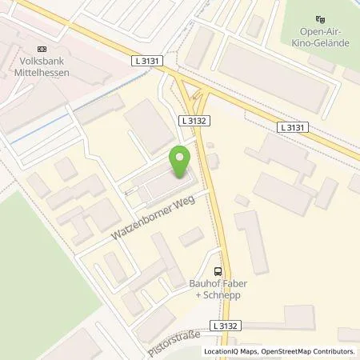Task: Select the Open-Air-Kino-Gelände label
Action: click(x=321, y=38)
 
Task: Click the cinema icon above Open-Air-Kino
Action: click(x=322, y=20)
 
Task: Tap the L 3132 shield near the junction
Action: click(x=190, y=119)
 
